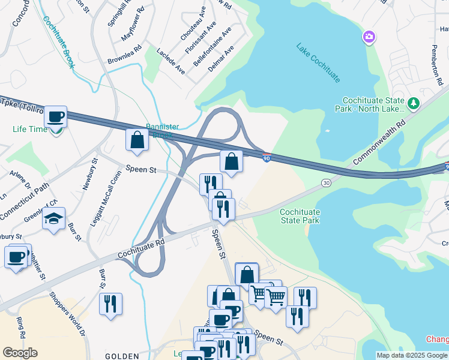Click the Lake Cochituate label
click(318, 62)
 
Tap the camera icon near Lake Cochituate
click(369, 38)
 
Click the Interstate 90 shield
click(267, 158)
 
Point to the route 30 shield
click(326, 182)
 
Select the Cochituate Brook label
click(58, 42)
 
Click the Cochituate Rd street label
click(142, 245)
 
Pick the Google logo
click(20, 352)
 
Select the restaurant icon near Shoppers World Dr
click(110, 304)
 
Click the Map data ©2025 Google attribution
click(412, 355)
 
